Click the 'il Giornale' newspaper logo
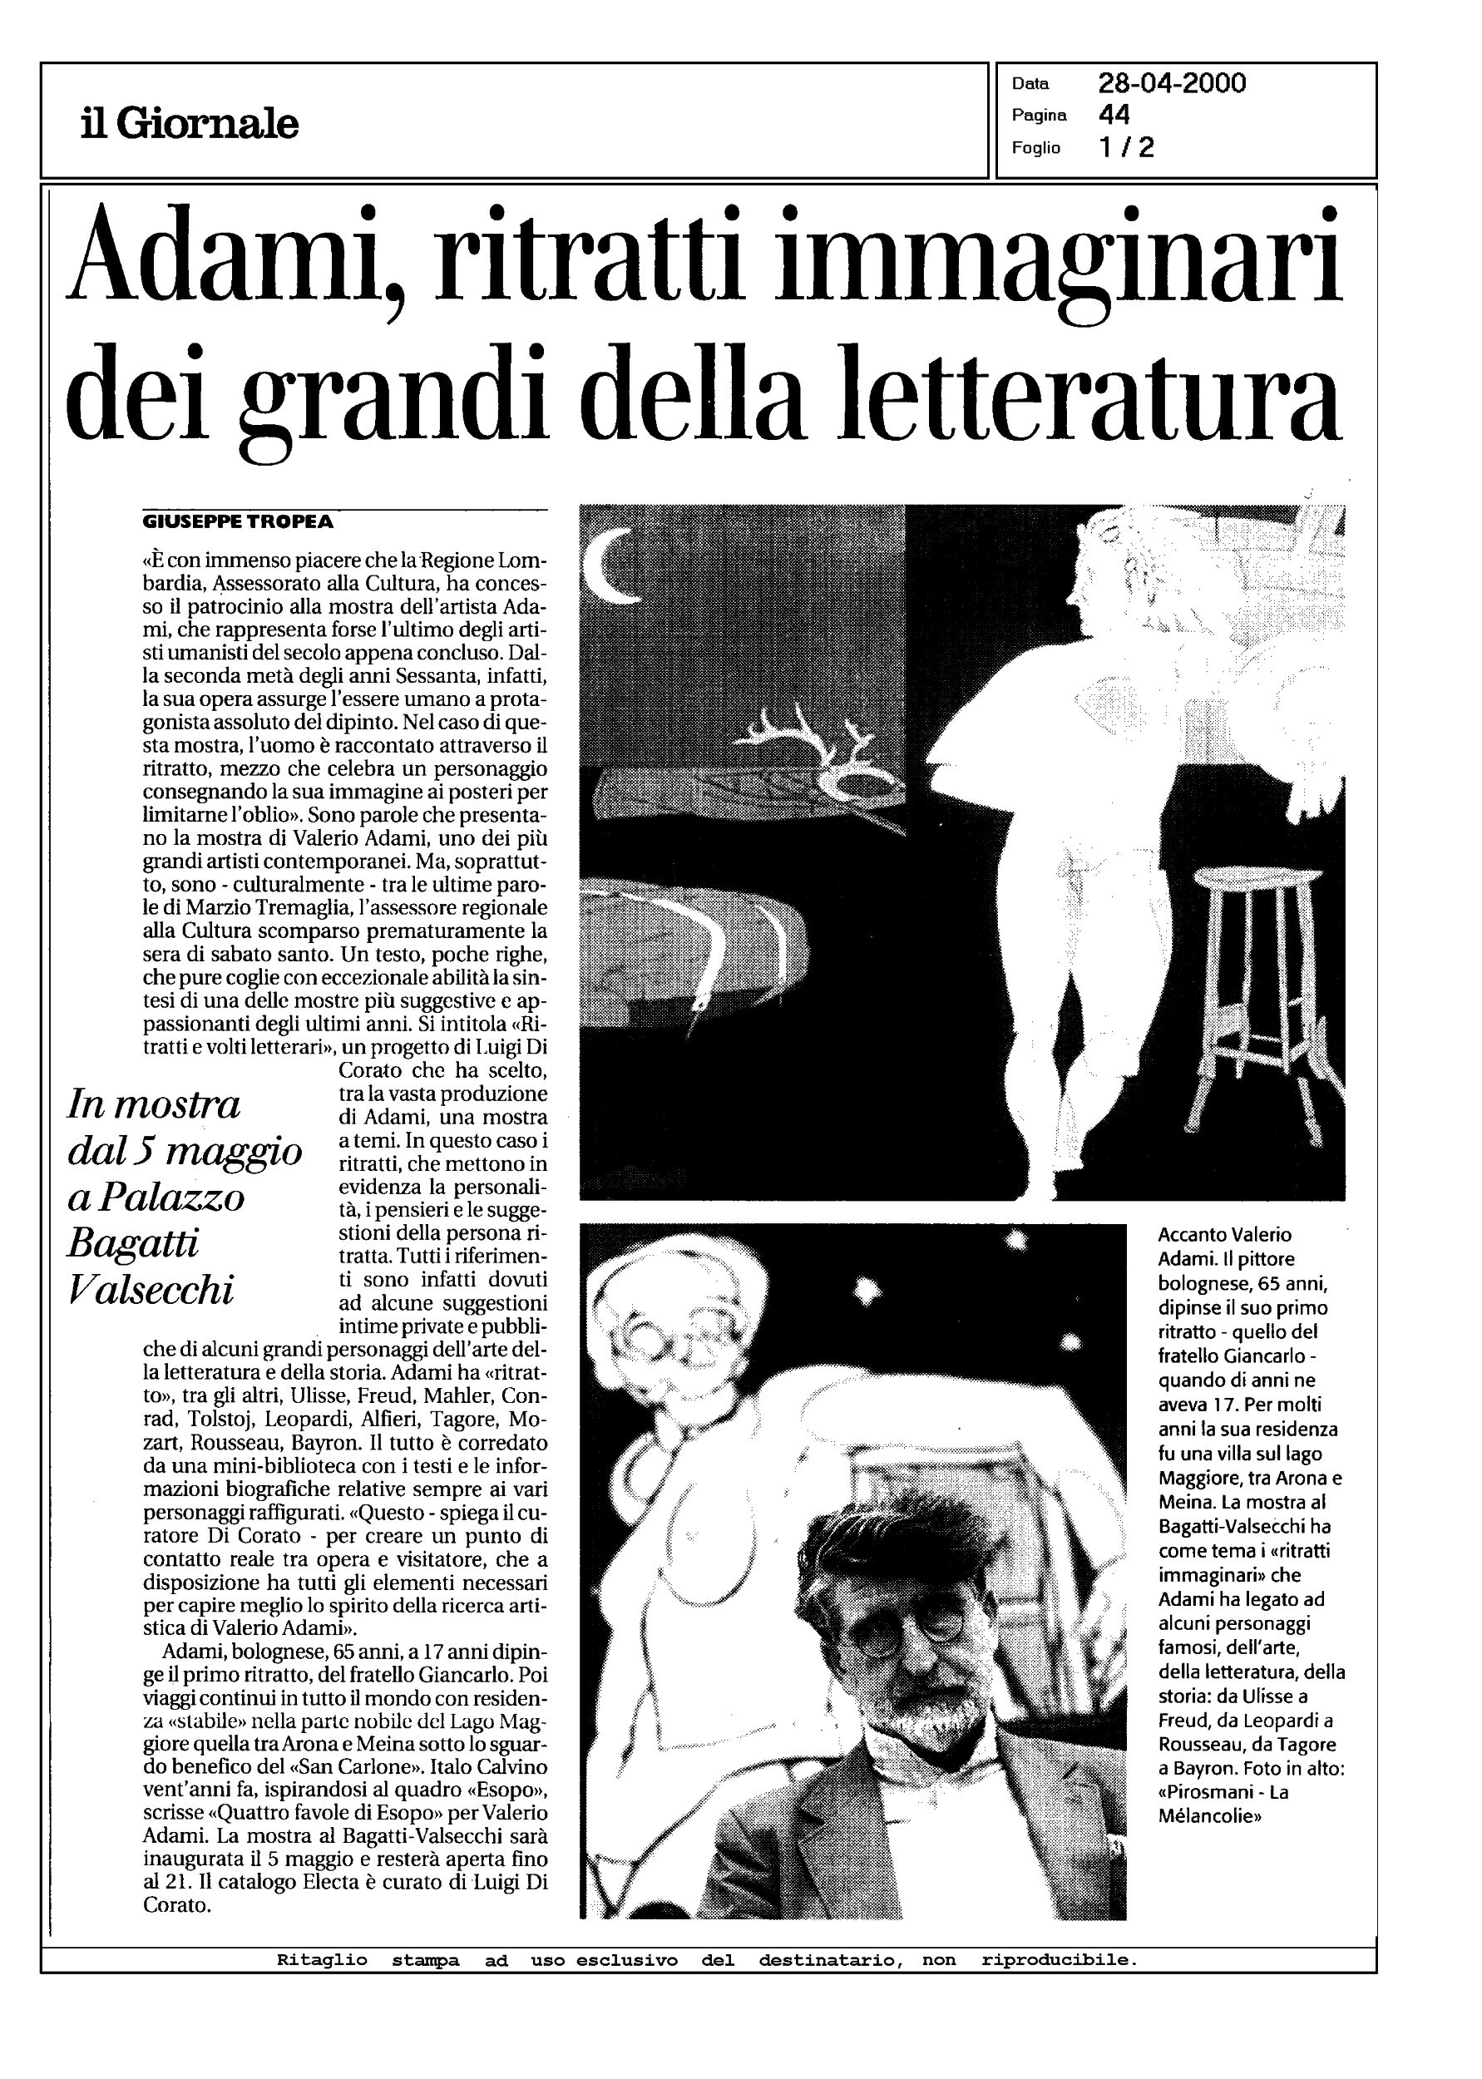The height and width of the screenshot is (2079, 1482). (189, 123)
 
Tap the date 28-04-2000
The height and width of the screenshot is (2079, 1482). (1172, 84)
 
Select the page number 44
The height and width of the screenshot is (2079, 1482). (1114, 115)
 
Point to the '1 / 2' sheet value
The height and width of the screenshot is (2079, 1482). (1127, 148)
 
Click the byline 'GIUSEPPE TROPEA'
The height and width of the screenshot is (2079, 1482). (238, 523)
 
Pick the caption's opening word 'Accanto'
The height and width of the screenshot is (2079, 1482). (1191, 1234)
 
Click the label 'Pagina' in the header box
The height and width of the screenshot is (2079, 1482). (1039, 116)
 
